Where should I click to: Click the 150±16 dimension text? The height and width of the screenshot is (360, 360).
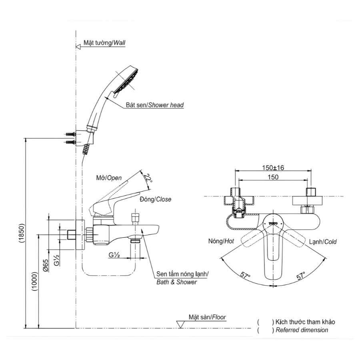(273, 168)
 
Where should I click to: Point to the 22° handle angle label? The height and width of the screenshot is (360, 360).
(148, 178)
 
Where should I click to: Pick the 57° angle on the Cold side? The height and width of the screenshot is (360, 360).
(301, 275)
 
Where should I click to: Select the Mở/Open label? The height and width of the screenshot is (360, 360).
(109, 178)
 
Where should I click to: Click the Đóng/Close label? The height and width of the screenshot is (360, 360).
(155, 199)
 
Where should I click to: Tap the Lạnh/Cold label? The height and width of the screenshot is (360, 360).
(323, 242)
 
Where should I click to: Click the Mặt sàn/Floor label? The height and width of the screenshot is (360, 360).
(207, 317)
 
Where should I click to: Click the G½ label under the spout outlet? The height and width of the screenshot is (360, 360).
(114, 254)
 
